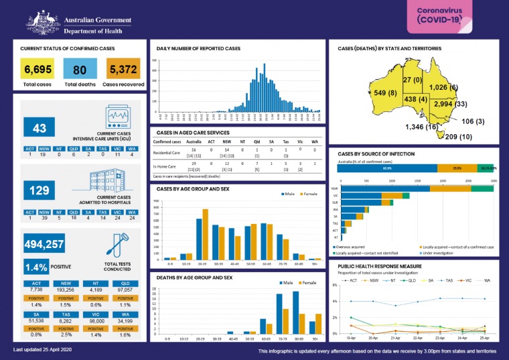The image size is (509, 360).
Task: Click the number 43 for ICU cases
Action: point(38,127)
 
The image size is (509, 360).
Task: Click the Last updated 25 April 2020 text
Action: point(43,350)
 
